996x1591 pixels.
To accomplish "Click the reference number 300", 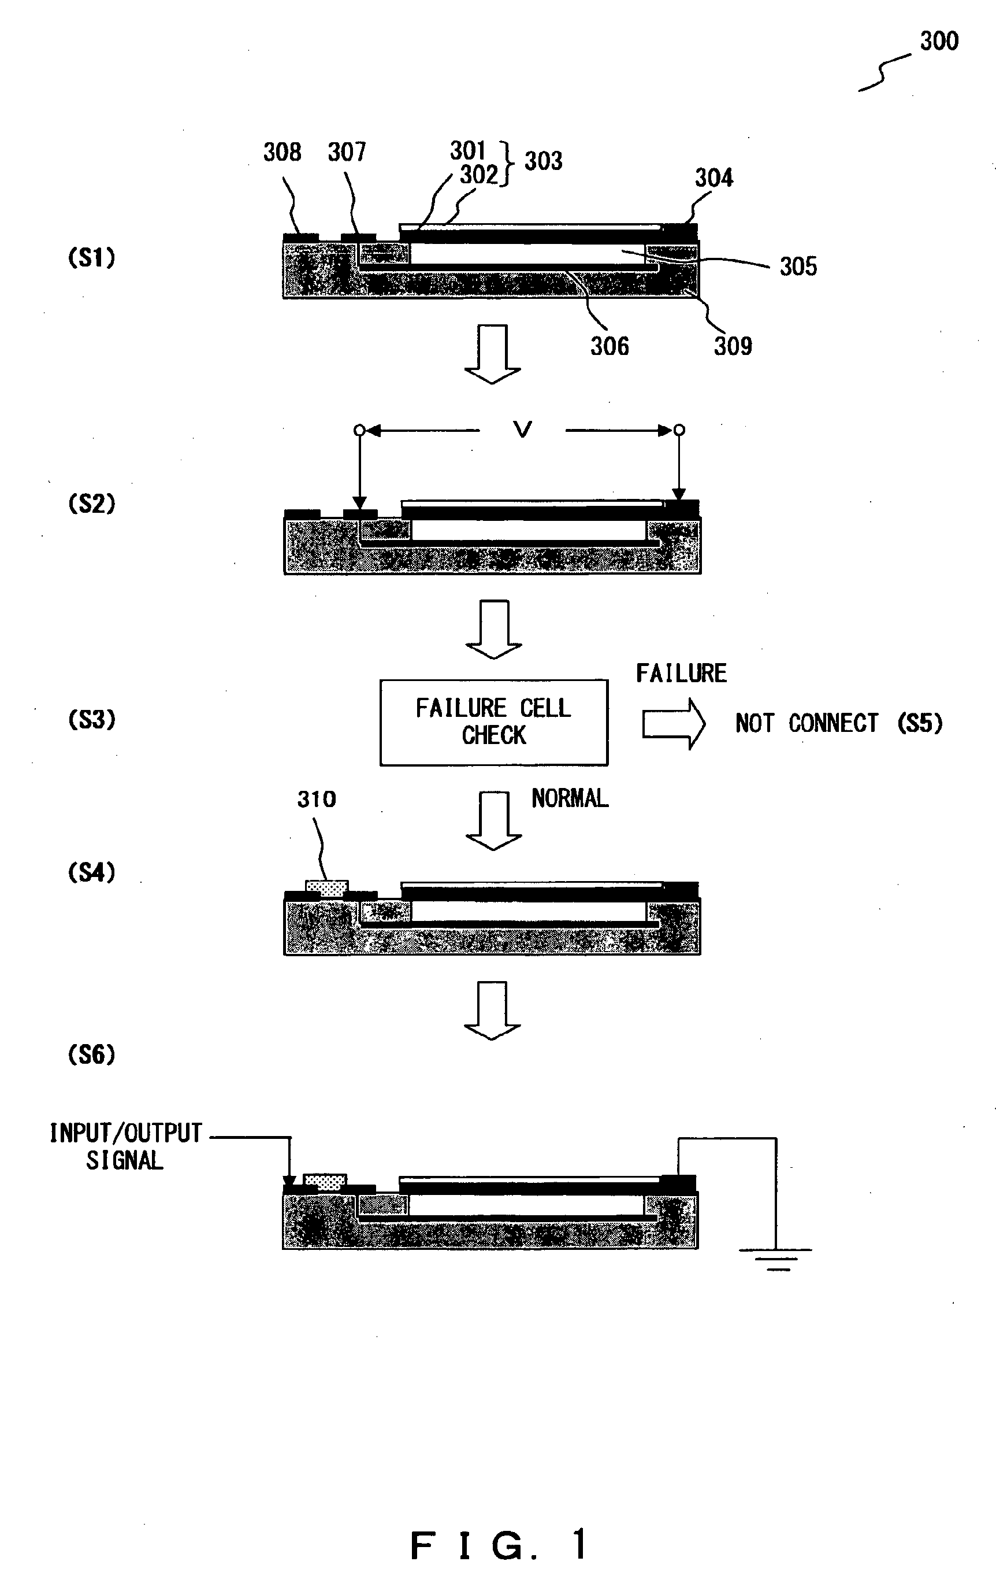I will coord(939,42).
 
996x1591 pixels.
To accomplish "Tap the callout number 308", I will coord(282,152).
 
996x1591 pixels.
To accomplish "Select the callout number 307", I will coord(347,152).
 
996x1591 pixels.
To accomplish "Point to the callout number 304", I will coord(714,178).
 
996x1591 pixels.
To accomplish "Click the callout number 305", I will coord(798,267).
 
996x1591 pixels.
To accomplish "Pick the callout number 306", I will coord(610,347).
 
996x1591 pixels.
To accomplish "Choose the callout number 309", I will coord(733,346).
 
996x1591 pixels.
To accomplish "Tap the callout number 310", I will coord(316,800).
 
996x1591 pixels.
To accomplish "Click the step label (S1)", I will coord(91,257).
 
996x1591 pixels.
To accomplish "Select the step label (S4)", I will coord(91,872).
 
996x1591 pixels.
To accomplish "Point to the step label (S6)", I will coord(91,1054).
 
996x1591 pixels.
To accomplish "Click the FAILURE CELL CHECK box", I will coord(493,722).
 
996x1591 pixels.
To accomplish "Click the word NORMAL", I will coord(570,799).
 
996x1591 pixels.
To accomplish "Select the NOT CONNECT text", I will coord(807,724).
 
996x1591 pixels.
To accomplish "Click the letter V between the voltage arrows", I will coord(522,430).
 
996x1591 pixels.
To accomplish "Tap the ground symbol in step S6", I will coord(776,1259).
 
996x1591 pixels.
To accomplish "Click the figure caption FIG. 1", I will coord(498,1545).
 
